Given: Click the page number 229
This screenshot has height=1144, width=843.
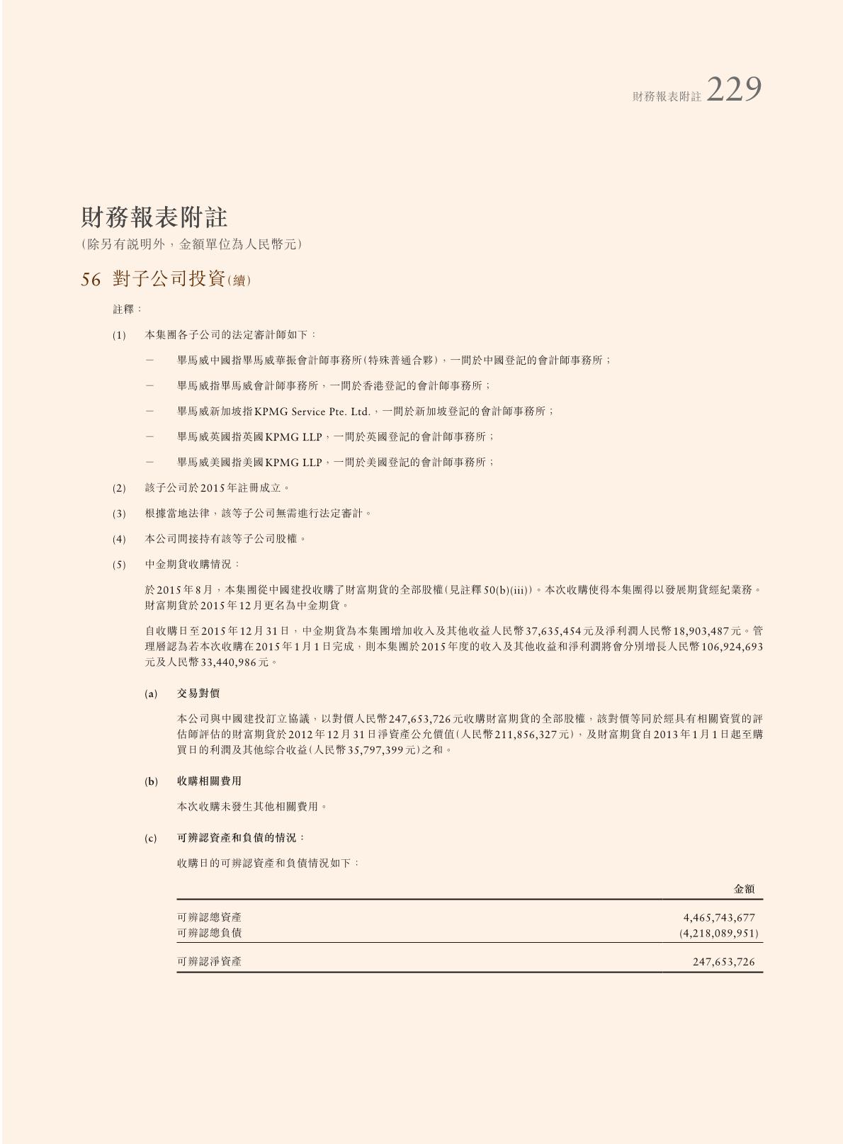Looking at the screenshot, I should click(x=734, y=90).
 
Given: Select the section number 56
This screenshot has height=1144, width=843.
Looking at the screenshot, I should click(x=91, y=280).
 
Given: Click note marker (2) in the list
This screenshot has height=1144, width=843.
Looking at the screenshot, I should click(x=119, y=488).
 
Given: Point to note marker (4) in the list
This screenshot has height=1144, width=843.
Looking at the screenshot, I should click(x=119, y=539).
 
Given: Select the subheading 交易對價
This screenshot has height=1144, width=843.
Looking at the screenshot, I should click(x=198, y=693).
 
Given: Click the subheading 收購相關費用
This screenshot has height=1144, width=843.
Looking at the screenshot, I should click(x=209, y=781).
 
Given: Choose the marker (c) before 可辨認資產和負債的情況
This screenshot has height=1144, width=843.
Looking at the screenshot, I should click(x=151, y=838).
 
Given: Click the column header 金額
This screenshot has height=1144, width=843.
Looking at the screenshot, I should click(x=744, y=888).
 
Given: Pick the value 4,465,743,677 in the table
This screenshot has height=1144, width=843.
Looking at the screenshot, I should click(x=719, y=917).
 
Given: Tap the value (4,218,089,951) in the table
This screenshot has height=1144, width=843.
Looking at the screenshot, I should click(x=718, y=933).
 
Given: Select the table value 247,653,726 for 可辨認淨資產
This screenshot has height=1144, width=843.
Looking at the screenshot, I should click(x=723, y=962).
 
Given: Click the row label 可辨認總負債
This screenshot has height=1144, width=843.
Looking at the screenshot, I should click(x=209, y=933).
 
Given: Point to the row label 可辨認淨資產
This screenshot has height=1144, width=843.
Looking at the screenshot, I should click(x=209, y=962).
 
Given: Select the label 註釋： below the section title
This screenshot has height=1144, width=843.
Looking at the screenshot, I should click(x=128, y=310).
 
